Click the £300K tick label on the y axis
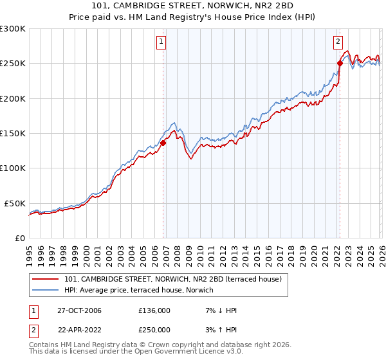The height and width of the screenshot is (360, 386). tap(13, 29)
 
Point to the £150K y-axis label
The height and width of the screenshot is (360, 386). tap(13, 133)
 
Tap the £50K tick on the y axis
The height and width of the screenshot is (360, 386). tap(15, 203)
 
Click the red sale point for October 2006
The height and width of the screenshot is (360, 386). tap(163, 143)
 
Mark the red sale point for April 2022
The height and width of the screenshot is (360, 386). tap(340, 63)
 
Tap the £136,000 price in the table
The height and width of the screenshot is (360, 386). tap(154, 310)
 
